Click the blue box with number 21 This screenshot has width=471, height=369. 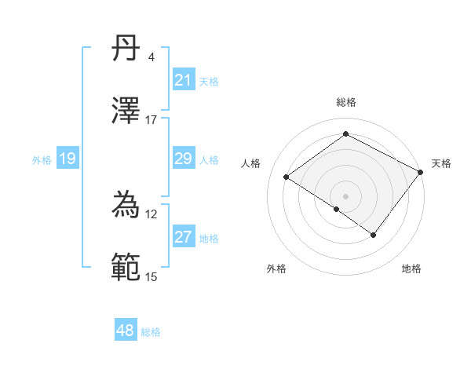point(184,80)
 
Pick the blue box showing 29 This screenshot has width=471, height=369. point(184,159)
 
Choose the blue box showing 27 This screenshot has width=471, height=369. point(184,237)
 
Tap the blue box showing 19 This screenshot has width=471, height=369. point(68,159)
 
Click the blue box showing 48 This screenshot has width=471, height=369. point(126,331)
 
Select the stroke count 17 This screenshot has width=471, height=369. point(151,119)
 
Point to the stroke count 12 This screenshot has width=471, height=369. point(151,214)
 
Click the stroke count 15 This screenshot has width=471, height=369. point(151,276)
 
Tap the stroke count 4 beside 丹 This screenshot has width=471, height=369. point(151,57)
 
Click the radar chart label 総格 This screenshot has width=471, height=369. point(345,102)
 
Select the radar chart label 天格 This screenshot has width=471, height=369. point(441,163)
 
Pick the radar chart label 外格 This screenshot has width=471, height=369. point(276,269)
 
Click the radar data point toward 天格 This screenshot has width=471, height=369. point(420,173)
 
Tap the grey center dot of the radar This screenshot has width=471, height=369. point(345,195)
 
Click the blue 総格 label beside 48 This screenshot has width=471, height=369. point(151,332)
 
